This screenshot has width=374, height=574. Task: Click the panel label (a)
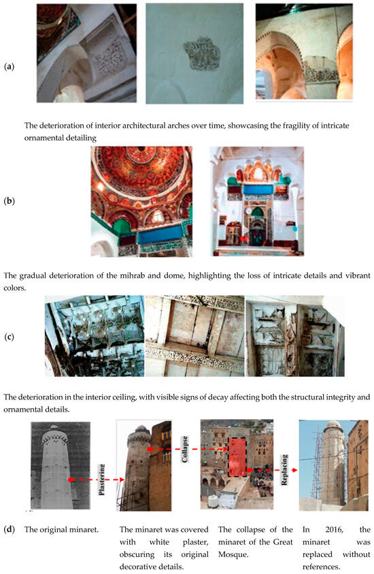(x=9, y=67)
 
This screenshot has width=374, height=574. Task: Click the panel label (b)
(x=9, y=201)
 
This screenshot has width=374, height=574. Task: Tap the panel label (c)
(x=9, y=337)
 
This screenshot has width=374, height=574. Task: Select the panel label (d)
(x=9, y=530)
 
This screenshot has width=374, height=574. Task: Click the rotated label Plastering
(x=102, y=480)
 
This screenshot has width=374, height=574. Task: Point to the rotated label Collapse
(x=185, y=449)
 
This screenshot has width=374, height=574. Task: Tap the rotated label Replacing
(x=285, y=470)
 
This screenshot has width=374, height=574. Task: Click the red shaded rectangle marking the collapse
(x=237, y=456)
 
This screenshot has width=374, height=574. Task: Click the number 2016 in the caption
(x=335, y=530)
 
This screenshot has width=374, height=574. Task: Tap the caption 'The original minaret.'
(x=61, y=530)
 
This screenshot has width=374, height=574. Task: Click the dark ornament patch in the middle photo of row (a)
(x=201, y=54)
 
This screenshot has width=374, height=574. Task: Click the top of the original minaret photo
(x=54, y=427)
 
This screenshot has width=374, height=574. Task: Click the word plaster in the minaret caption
(x=196, y=542)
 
